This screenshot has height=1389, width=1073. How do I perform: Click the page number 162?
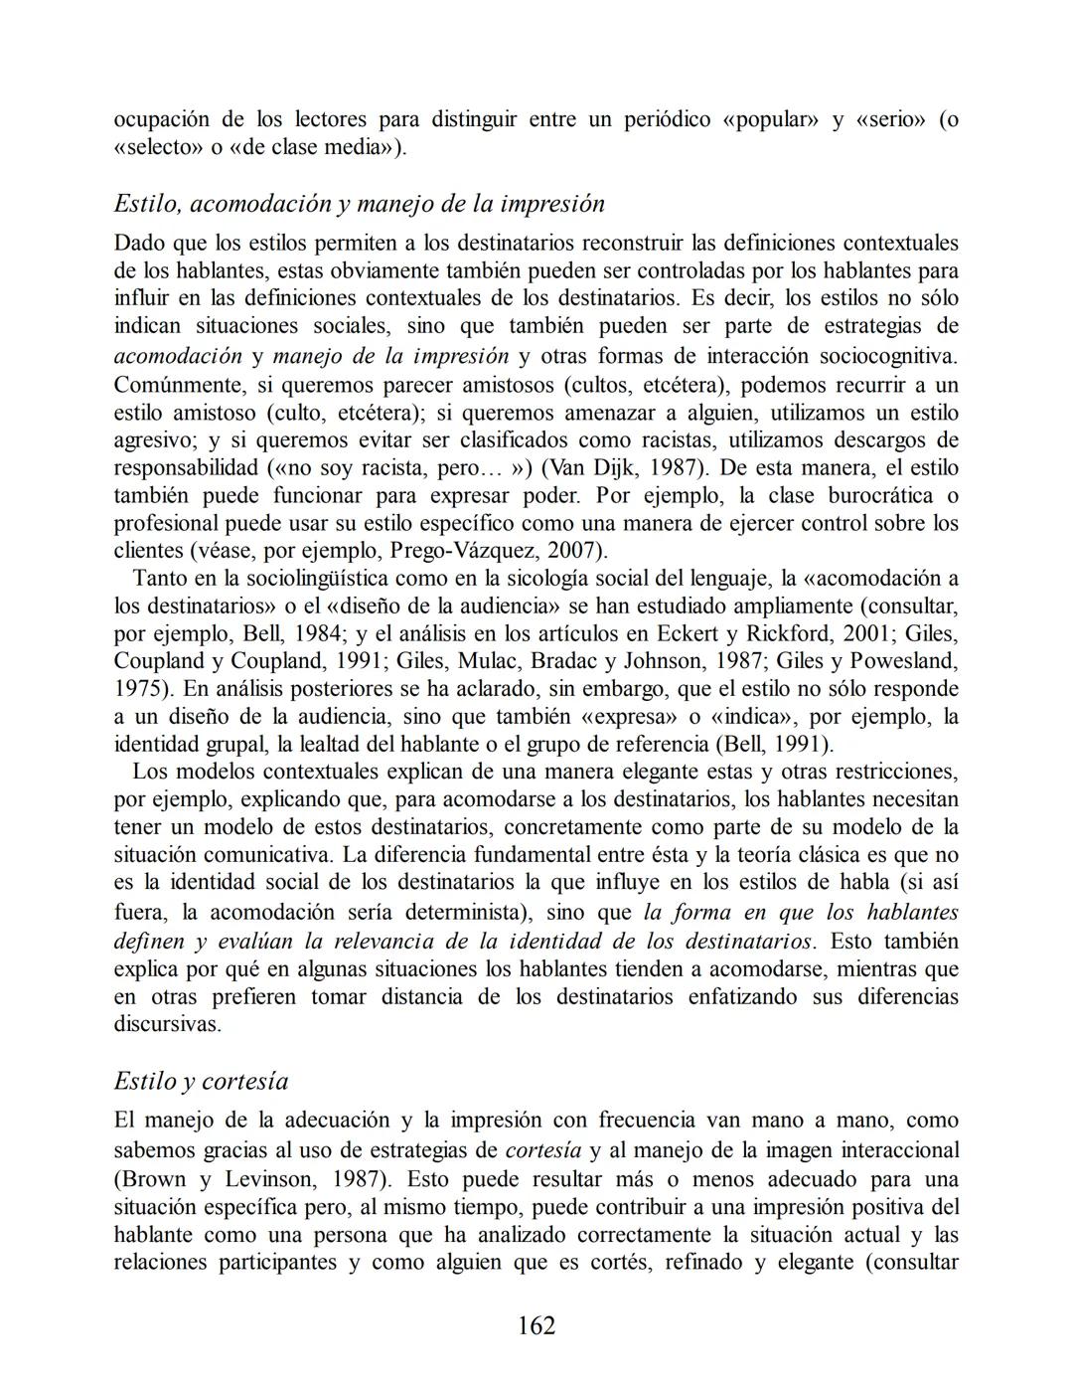pos(536,1325)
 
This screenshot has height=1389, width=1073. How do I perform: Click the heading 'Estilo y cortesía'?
pos(202,1081)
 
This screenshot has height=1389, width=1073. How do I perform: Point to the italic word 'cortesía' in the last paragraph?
pos(543,1150)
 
